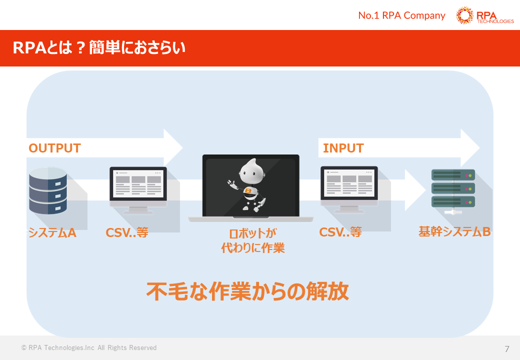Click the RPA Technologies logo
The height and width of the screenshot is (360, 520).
click(x=484, y=15)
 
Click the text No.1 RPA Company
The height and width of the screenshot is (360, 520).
click(x=401, y=15)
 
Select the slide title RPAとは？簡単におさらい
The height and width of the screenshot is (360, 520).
click(x=99, y=48)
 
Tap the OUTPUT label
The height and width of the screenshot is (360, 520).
click(x=54, y=148)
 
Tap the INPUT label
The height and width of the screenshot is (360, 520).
click(x=343, y=148)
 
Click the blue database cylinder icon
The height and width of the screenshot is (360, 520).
click(x=48, y=191)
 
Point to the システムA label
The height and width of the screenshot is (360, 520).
click(x=52, y=232)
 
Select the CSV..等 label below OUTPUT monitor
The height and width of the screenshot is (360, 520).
click(x=127, y=232)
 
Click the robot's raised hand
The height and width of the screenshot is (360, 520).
click(x=230, y=182)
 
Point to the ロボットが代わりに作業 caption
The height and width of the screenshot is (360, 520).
click(x=253, y=240)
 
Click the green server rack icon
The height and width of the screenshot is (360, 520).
click(x=453, y=189)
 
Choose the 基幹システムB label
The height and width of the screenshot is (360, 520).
click(x=454, y=232)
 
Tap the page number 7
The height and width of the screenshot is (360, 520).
click(x=507, y=348)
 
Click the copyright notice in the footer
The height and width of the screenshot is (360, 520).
click(x=89, y=348)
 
